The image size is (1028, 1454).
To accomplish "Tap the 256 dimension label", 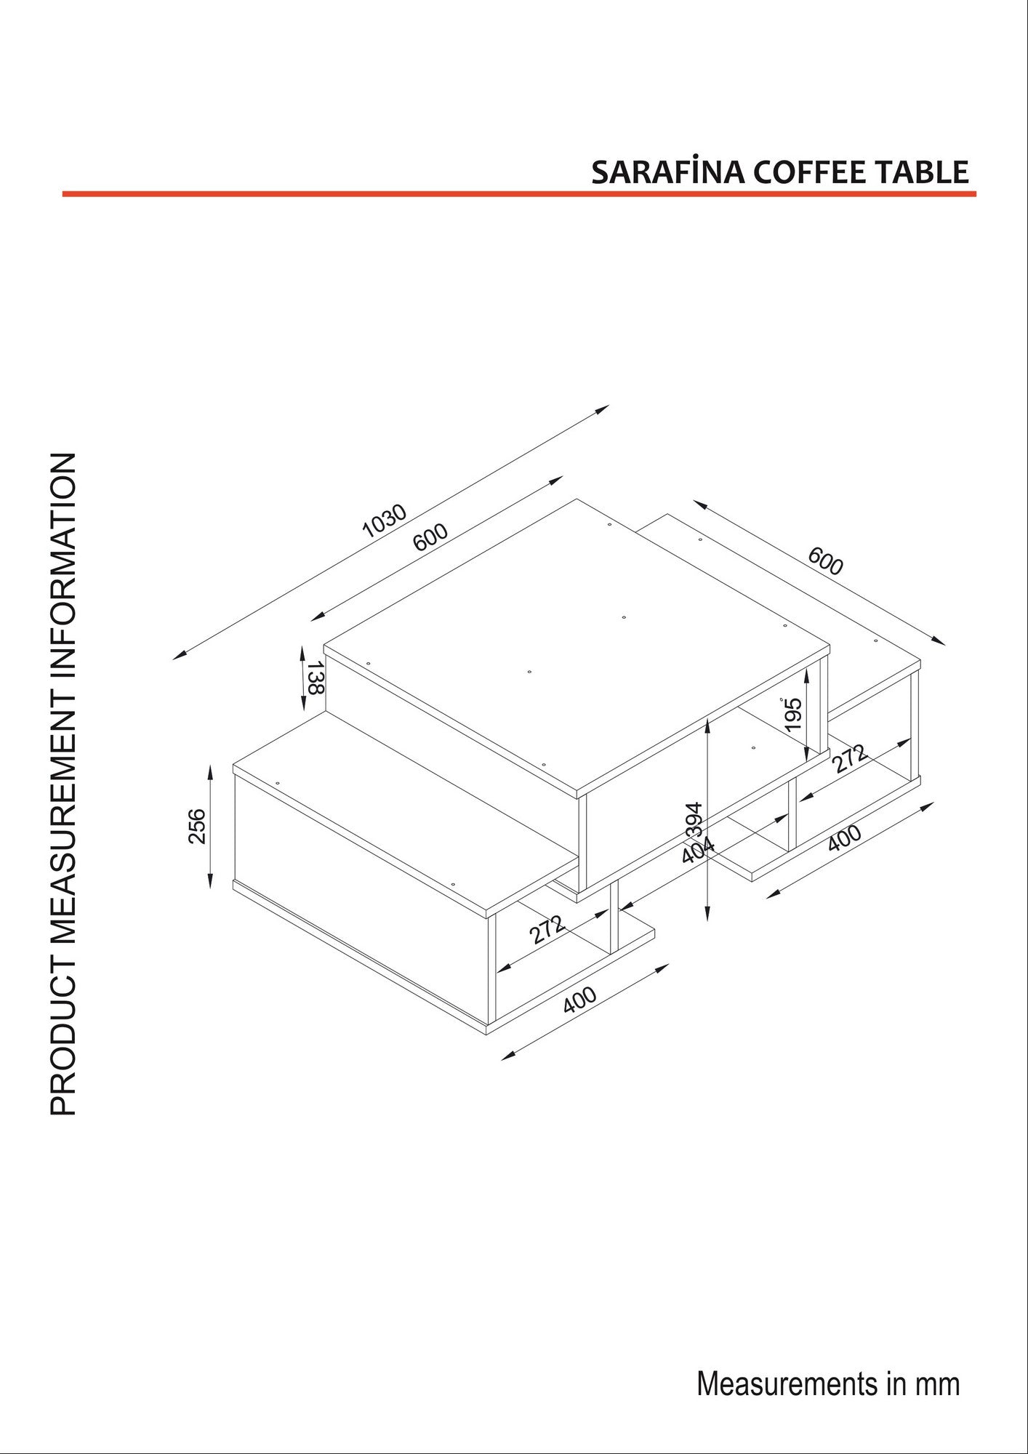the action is (x=197, y=826).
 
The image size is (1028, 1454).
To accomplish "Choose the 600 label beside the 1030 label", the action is (x=430, y=537).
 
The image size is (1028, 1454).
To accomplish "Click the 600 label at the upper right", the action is (x=825, y=561).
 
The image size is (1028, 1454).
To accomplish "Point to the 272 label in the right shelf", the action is (x=849, y=759).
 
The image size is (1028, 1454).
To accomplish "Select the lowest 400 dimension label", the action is (x=579, y=1000).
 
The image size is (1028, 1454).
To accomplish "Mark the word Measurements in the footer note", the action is (x=787, y=1383).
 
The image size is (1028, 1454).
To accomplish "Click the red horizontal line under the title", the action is (x=519, y=194).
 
